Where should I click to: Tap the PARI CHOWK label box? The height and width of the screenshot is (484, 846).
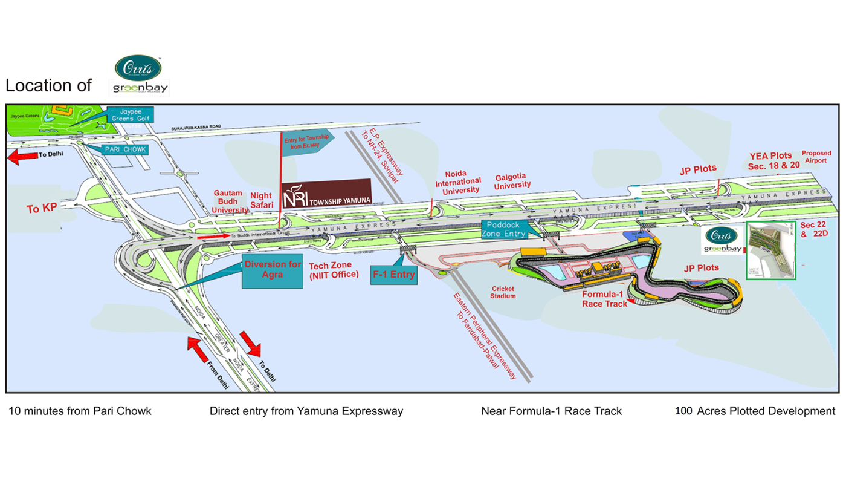(126, 149)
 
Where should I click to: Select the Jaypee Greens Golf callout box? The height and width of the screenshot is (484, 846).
(129, 115)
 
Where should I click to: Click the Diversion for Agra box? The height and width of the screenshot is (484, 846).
(273, 270)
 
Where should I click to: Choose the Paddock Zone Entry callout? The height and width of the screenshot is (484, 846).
(503, 229)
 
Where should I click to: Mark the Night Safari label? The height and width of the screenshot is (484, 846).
(262, 200)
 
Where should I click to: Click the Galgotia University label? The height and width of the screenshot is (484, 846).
(512, 181)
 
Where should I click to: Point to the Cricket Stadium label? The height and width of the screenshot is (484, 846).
(503, 292)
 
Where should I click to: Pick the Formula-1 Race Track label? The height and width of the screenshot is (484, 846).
(605, 299)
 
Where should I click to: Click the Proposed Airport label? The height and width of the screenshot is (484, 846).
(816, 157)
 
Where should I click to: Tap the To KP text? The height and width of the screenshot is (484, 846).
(42, 209)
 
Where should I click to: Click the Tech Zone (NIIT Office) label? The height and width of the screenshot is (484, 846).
(334, 270)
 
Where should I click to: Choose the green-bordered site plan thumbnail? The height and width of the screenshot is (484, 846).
(771, 250)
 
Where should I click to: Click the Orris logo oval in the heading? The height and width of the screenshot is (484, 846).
(138, 68)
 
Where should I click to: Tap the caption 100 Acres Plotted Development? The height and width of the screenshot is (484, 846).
(755, 411)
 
